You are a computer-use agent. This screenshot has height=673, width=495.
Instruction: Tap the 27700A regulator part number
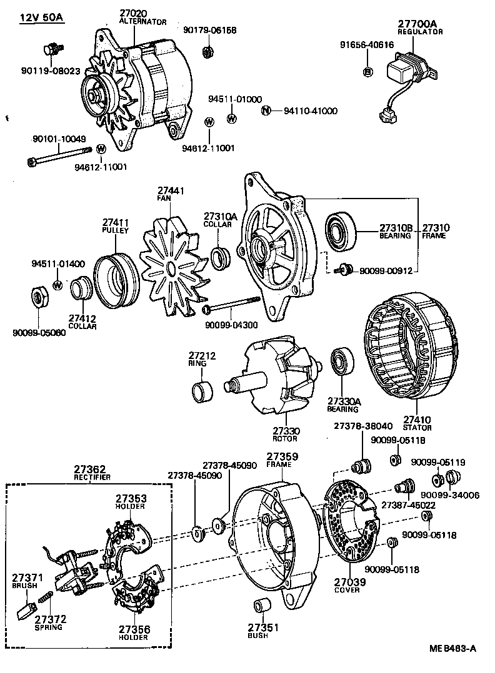(417, 24)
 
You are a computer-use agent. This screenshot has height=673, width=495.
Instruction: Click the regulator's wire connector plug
(385, 115)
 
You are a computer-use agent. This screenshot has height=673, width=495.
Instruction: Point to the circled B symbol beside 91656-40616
(367, 71)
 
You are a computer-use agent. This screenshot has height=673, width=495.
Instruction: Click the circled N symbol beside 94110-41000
(266, 111)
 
